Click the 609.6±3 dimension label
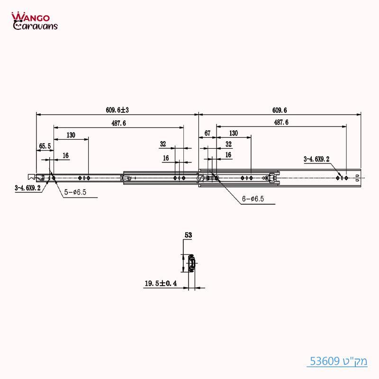coord(117,110)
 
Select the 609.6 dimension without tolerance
coord(280,110)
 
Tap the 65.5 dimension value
coord(45,146)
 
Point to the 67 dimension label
coord(207,134)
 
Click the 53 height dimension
coord(188,234)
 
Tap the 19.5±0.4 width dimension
coord(161,284)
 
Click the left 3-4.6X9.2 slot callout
coord(27,188)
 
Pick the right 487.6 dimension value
coord(280,122)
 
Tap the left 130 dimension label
coord(71,135)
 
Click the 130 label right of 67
coord(234,134)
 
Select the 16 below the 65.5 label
coord(65,155)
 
